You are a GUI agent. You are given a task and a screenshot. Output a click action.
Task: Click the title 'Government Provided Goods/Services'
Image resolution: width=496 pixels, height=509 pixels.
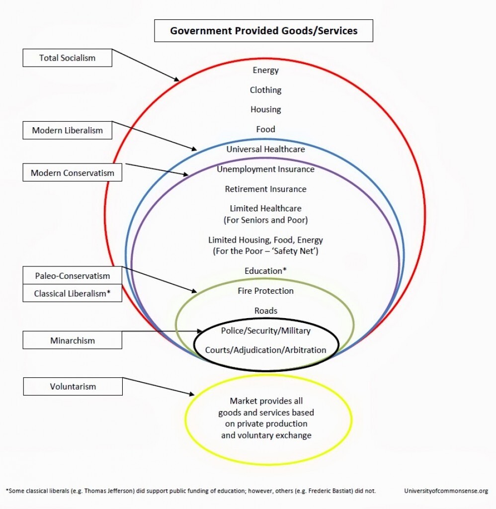pos(263,31)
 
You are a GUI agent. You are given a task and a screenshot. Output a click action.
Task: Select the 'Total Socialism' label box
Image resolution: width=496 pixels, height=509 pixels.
pos(67,58)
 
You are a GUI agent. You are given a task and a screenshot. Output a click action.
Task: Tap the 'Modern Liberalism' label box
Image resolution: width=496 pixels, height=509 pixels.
pos(67,131)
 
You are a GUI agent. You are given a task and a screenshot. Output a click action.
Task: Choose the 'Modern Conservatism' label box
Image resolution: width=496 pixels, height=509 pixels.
pos(73,173)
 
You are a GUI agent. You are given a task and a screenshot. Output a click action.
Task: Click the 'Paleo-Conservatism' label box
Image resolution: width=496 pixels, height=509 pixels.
pos(73,276)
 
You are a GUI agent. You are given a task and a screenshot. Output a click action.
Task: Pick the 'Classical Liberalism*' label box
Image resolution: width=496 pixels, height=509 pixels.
pos(73,293)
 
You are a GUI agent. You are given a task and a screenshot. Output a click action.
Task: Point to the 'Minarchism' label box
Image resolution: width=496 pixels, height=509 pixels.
pos(73,340)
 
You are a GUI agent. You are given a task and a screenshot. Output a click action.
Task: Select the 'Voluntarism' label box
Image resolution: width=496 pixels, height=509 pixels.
pos(73,386)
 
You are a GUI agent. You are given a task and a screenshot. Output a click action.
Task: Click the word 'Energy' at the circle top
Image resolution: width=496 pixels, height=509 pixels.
pos(265,70)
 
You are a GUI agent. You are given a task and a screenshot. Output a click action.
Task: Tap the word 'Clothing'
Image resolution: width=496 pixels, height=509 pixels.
pos(265,90)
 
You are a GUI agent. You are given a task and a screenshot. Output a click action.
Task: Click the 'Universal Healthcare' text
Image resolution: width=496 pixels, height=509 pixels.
pos(265,149)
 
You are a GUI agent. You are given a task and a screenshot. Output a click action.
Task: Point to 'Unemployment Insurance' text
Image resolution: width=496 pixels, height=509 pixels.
pos(265,169)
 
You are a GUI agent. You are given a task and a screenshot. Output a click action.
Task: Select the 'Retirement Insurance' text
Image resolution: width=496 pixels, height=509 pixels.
pos(265,189)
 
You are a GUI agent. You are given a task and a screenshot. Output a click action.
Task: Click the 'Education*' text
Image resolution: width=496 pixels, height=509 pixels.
pos(265,271)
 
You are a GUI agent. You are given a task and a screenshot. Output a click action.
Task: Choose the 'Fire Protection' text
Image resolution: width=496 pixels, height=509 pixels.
pos(265,291)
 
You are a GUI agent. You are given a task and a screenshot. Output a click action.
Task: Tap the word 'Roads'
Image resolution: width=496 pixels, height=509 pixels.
pos(265,311)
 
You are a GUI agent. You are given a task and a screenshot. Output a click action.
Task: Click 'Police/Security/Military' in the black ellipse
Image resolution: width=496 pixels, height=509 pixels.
pos(265,331)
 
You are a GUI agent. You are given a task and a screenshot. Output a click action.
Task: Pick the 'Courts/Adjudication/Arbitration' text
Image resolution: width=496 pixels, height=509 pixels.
pos(265,350)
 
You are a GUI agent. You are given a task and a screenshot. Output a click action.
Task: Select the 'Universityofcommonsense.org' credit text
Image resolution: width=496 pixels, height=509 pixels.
pos(446,491)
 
